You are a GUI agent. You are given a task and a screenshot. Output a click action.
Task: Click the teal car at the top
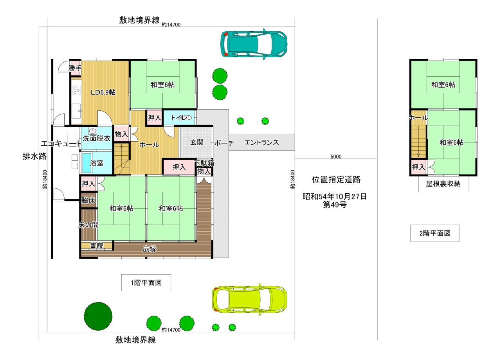[x=254, y=44]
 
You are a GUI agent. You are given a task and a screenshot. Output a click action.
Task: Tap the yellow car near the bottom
[x=250, y=299]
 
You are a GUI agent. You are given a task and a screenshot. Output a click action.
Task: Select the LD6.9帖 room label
[x=103, y=92]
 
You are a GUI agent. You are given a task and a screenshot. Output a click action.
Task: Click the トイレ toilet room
[x=180, y=118]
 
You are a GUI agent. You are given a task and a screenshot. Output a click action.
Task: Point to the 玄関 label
[x=197, y=142]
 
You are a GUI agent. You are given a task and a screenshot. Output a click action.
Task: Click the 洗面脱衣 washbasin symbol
[x=92, y=131]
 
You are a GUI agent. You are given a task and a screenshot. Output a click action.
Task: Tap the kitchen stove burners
[x=76, y=90]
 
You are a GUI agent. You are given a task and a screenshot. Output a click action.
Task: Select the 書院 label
[x=97, y=246]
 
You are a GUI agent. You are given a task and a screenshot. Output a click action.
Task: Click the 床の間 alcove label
[x=88, y=225]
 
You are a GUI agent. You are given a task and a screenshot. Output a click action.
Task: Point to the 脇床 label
[x=88, y=200]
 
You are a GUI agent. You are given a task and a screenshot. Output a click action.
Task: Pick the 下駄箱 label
[x=204, y=163]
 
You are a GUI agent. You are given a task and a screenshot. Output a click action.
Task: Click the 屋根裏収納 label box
[x=443, y=184]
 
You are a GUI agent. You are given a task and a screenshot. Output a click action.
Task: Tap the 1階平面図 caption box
[x=146, y=283]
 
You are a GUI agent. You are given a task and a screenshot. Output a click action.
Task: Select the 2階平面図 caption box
[x=435, y=233]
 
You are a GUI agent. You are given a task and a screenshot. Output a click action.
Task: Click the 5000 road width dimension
[x=336, y=157]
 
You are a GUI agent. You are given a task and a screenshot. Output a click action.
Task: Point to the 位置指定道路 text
[x=336, y=179]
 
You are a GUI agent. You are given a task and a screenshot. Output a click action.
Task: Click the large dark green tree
[x=98, y=316]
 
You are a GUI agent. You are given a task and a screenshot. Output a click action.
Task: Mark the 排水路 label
[x=34, y=156]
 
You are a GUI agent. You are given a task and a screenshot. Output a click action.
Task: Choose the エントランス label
[x=262, y=142]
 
